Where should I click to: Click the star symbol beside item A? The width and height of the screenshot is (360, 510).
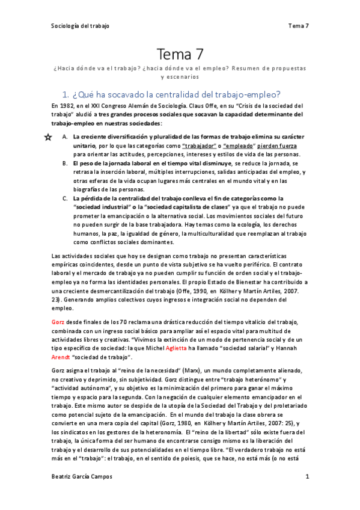(x=47, y=137)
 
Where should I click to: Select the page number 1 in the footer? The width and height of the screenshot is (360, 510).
(x=307, y=477)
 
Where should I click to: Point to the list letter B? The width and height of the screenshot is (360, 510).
(x=65, y=164)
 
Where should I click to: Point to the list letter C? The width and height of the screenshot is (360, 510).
(x=65, y=198)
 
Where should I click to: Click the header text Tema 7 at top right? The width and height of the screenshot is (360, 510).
(x=298, y=26)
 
